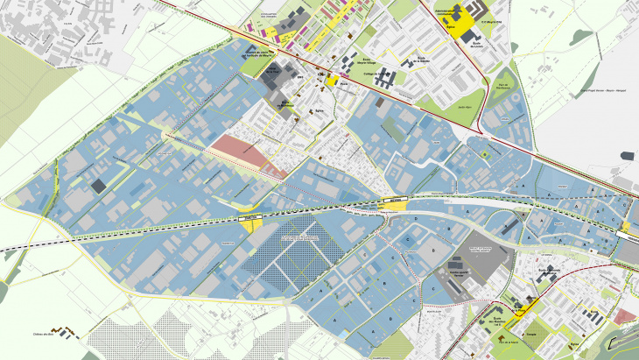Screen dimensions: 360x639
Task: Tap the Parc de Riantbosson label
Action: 502,87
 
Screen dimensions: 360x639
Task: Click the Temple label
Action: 531,335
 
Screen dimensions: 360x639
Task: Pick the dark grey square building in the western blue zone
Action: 98,185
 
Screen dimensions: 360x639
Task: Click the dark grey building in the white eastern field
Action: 627,155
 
